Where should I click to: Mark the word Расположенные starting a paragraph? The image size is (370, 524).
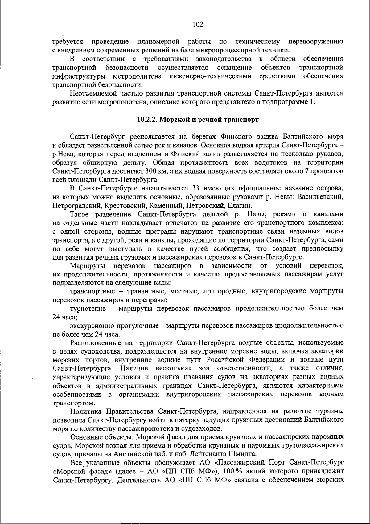pyautogui.click(x=94, y=342)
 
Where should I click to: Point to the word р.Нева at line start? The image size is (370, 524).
pyautogui.click(x=62, y=154)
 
